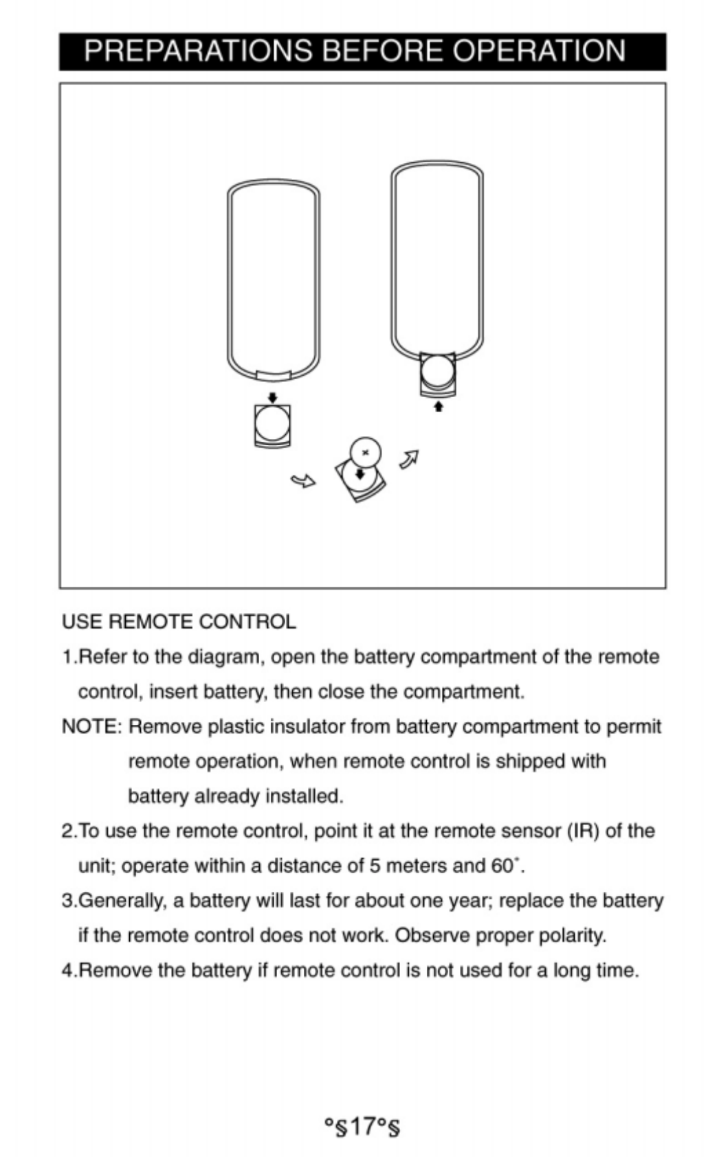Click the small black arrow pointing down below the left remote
click(x=272, y=397)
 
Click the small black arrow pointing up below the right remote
click(x=439, y=406)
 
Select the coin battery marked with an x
click(x=365, y=452)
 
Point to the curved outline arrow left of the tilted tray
click(x=302, y=480)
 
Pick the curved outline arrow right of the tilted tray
click(x=410, y=458)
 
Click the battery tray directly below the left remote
click(x=272, y=425)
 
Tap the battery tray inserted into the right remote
click(x=438, y=374)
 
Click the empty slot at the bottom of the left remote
click(x=274, y=375)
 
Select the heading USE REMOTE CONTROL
click(x=179, y=622)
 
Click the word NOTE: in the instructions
click(x=91, y=727)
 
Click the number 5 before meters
click(x=375, y=866)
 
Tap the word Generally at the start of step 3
click(x=122, y=901)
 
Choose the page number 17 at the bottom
click(x=362, y=1126)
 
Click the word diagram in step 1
click(x=225, y=657)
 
